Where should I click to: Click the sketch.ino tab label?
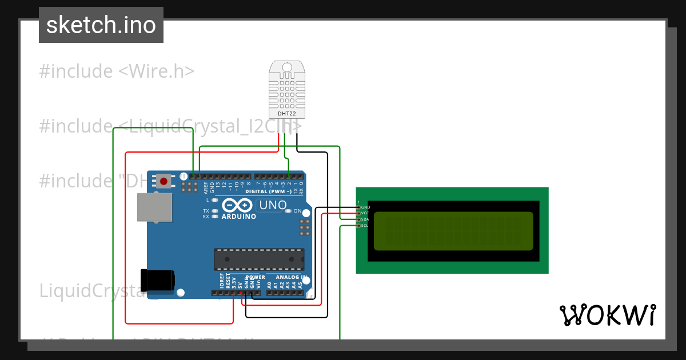pos(101,25)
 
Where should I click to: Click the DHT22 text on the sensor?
pos(286,114)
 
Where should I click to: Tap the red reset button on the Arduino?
pos(164,182)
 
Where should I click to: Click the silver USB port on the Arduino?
pos(154,207)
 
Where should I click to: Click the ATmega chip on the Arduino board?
pos(259,259)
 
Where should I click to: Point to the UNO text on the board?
pos(273,205)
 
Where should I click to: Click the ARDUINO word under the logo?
pos(238,217)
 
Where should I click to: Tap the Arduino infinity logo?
pos(237,205)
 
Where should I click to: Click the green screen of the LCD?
pos(453,231)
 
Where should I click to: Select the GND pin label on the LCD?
pos(365,207)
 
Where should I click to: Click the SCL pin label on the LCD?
pos(365,226)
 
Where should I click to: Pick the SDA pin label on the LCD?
pos(365,219)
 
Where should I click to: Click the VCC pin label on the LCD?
pos(365,213)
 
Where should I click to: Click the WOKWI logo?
pos(607,315)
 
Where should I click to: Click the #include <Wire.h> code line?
pos(117,71)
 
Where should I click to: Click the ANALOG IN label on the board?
pos(289,277)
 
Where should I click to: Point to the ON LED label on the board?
pos(297,211)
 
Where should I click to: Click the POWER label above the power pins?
pos(256,277)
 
